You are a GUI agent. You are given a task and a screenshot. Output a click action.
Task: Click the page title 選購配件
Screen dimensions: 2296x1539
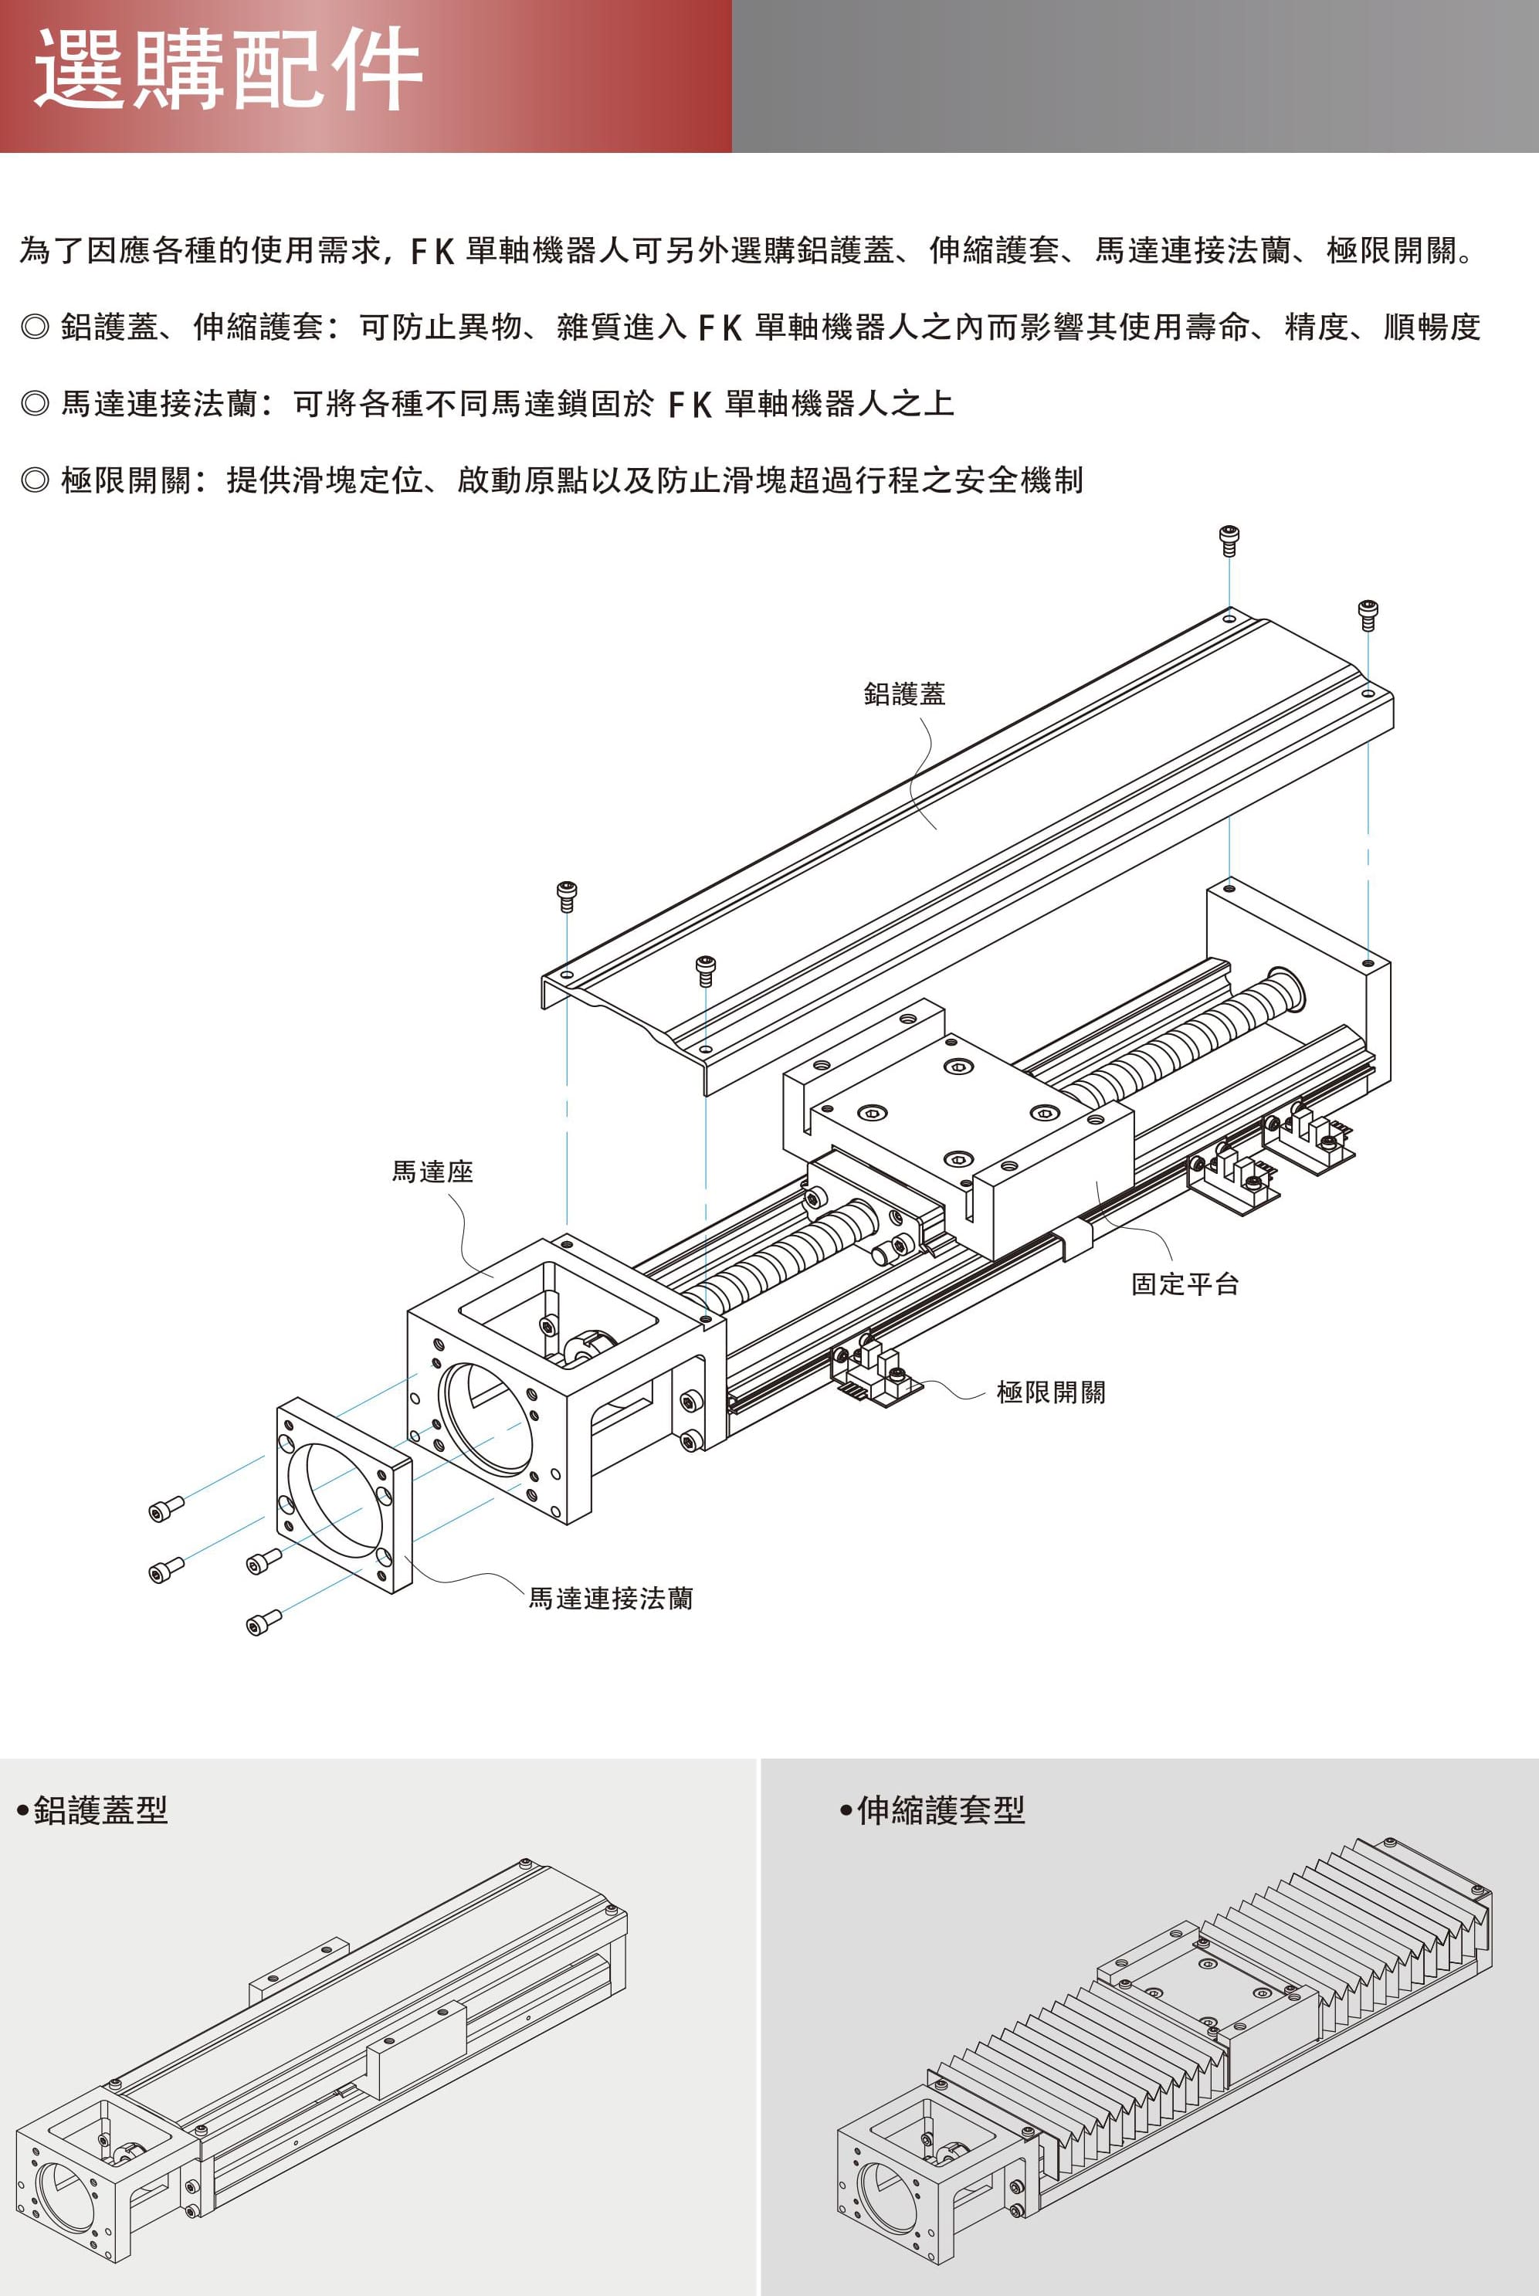tap(228, 71)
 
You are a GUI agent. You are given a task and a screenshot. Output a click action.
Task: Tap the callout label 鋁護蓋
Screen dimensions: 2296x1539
tap(904, 694)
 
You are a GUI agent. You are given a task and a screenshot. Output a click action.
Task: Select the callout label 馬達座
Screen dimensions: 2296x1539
tap(432, 1171)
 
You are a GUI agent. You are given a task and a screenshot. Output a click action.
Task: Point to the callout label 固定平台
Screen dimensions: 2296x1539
tap(1185, 1284)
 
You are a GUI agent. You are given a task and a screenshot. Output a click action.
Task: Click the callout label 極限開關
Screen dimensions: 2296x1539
tap(1050, 1392)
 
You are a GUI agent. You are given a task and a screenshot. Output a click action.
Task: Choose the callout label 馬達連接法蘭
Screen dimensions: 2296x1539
tap(611, 1598)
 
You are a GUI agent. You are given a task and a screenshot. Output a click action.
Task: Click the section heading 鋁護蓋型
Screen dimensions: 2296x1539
tap(100, 1809)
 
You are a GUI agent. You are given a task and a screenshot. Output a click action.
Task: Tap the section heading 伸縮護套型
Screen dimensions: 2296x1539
tap(941, 1809)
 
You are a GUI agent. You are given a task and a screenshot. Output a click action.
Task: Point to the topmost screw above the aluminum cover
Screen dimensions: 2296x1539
tap(1229, 539)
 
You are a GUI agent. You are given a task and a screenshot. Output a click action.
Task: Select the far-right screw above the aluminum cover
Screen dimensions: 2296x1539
tap(1368, 613)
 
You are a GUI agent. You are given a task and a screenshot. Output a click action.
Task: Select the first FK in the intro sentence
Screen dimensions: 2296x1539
tap(432, 251)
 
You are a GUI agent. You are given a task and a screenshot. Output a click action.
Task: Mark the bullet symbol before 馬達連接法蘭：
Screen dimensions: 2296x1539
tap(34, 403)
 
